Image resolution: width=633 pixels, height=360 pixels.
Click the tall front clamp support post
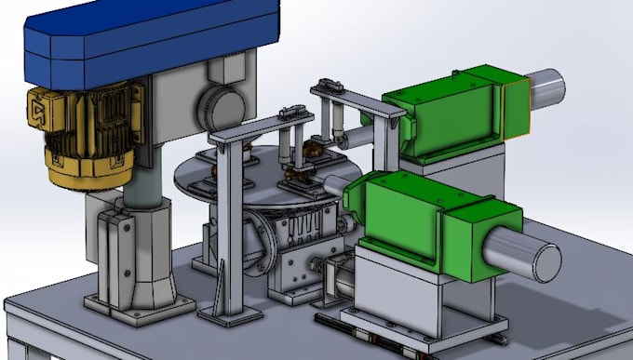[229, 233]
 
